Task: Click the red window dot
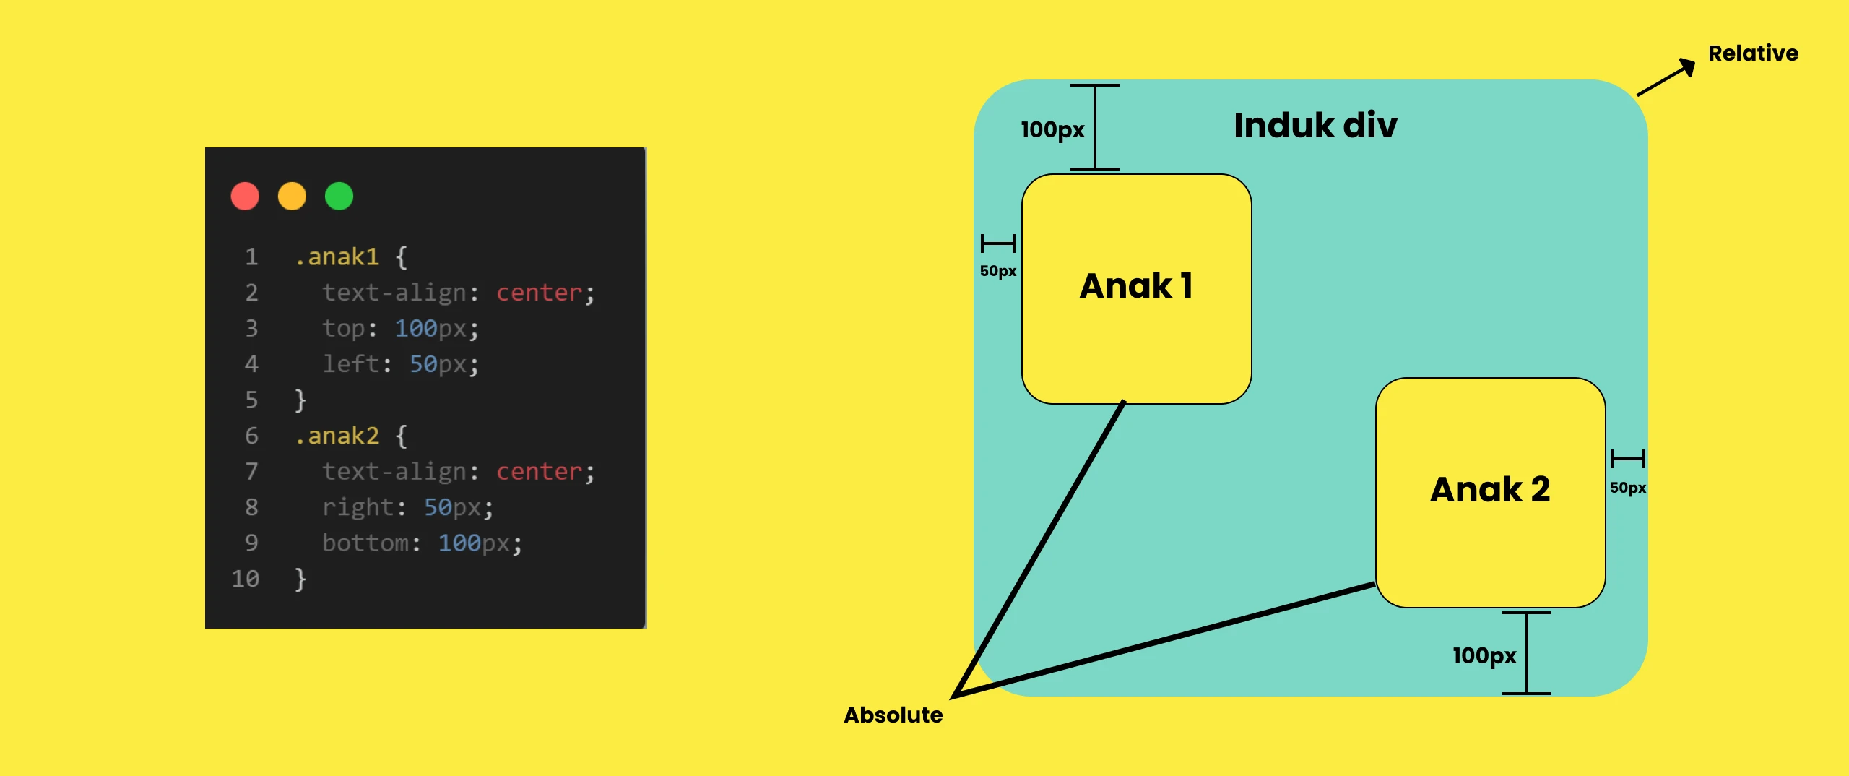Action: coord(245,196)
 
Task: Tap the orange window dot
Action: coord(292,196)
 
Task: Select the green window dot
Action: coord(339,196)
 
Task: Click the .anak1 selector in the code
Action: coord(337,256)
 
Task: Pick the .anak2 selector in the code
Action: coord(337,436)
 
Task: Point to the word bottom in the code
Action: coord(365,543)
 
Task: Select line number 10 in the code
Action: coord(245,579)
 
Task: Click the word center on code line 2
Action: coord(539,293)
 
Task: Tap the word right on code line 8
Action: coord(358,507)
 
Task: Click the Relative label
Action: coord(1753,53)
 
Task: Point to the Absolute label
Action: coord(893,715)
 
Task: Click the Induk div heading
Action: coord(1315,125)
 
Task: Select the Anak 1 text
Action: coord(1136,285)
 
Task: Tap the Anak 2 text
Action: coord(1490,489)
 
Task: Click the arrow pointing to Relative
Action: coord(1666,77)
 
